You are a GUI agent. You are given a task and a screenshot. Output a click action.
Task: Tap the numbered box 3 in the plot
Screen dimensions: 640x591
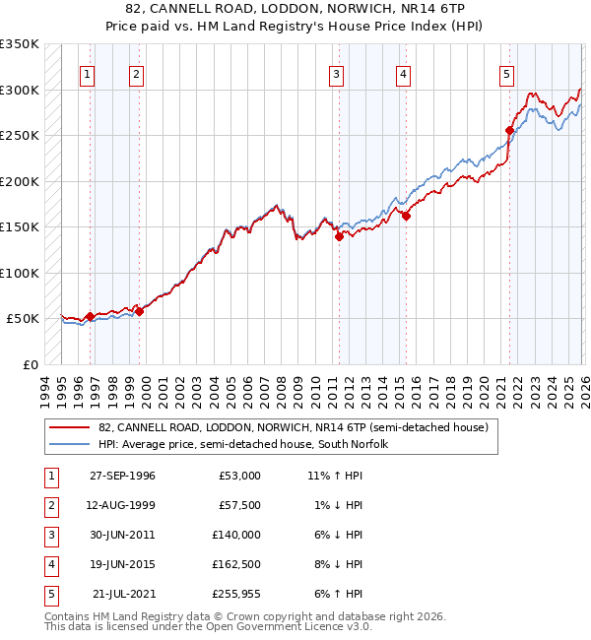[x=337, y=74]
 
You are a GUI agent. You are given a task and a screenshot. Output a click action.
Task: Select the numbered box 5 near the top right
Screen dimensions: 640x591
[x=506, y=74]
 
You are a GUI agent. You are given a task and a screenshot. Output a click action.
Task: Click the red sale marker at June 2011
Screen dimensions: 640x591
[x=338, y=236]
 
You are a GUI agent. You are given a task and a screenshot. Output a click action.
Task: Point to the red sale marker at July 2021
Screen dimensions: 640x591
[x=510, y=130]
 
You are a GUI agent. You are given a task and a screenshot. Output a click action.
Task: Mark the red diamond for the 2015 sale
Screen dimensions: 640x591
[x=405, y=217]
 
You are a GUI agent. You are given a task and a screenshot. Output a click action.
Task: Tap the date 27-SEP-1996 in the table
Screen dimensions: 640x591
[x=122, y=476]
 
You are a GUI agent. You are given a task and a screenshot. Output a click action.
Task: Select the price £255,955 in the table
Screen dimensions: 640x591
[x=236, y=594]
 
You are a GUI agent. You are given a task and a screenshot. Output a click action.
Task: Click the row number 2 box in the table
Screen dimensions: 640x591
[x=50, y=505]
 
